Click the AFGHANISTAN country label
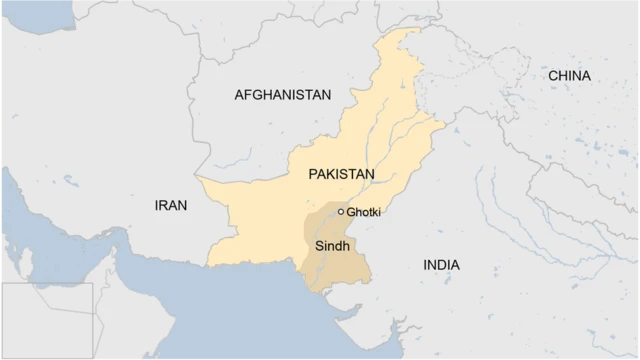click(x=282, y=95)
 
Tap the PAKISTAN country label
click(x=341, y=174)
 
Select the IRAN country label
click(x=170, y=205)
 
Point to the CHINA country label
click(x=569, y=76)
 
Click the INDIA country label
click(x=441, y=265)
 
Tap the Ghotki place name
click(x=364, y=212)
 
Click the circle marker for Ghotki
click(x=341, y=212)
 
